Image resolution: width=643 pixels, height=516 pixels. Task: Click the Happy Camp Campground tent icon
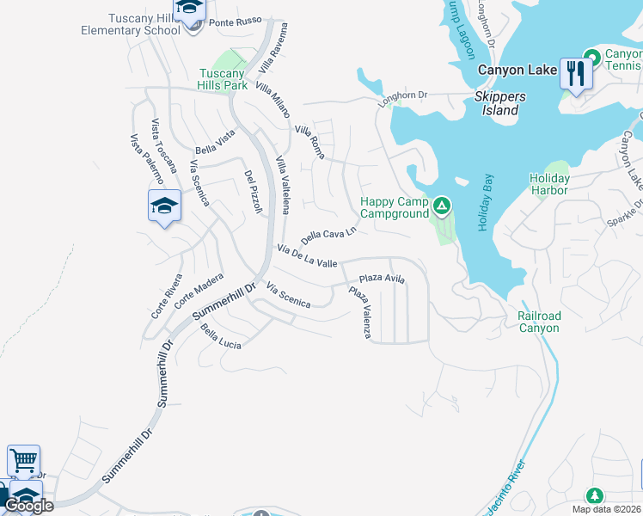441,206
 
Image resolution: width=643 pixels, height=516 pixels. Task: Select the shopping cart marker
23,460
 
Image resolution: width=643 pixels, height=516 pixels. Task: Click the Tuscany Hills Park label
224,79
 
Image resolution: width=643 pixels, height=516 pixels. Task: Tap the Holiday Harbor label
549,184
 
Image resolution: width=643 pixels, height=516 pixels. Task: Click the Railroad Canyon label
539,322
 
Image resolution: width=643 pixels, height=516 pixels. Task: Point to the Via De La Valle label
306,255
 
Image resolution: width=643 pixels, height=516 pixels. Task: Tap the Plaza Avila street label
382,279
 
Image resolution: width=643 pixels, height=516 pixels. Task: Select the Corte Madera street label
199,291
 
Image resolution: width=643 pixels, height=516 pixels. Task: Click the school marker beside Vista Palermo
164,206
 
